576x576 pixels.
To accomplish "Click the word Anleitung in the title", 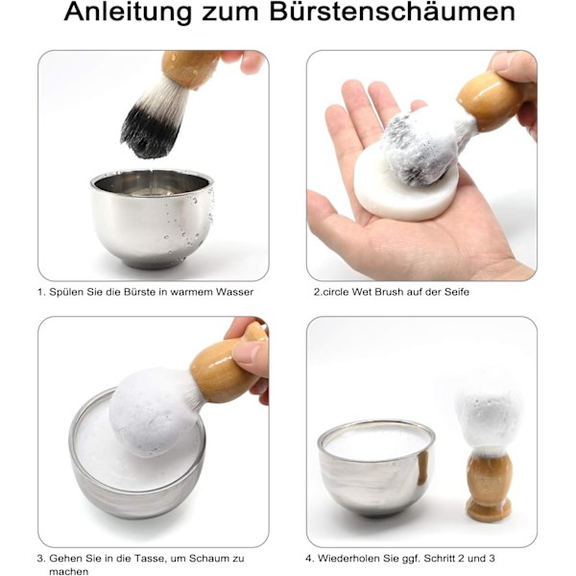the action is click(x=128, y=13).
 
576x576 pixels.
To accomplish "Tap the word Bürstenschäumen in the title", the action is click(x=392, y=12).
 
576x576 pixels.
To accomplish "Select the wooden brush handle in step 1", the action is click(x=190, y=69).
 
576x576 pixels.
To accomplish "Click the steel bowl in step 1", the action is click(x=152, y=219).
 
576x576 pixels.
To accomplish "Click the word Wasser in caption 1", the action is click(x=234, y=292).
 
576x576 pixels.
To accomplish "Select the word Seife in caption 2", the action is click(x=457, y=292).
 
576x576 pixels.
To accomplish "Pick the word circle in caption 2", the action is click(x=336, y=292).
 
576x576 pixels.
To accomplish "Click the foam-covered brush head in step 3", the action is click(x=154, y=412).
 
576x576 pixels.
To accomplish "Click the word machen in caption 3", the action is click(x=69, y=571).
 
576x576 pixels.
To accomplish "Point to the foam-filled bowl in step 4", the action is click(x=376, y=468).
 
